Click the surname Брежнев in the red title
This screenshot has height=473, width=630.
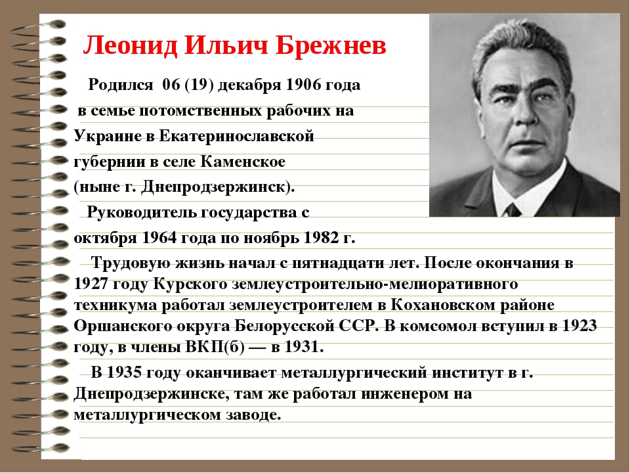(331, 45)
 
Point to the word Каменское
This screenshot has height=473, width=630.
(243, 162)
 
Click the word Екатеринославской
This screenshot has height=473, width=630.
(237, 137)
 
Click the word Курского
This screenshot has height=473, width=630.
(190, 284)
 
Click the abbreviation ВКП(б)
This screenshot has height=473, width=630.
(215, 347)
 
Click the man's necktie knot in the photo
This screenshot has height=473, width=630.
(513, 210)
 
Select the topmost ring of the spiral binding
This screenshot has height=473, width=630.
(40, 26)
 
